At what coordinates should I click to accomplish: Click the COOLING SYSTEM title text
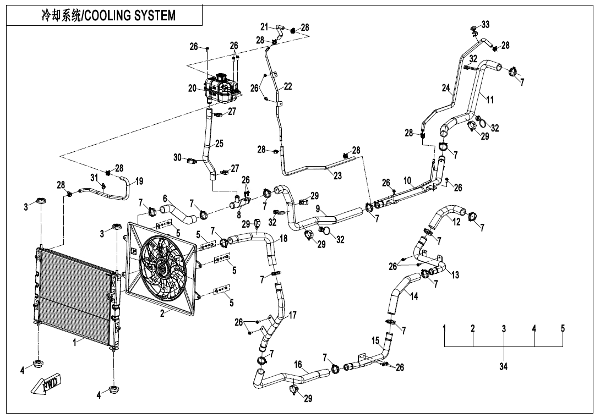[x=108, y=15]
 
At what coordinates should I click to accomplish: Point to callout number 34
[x=503, y=367]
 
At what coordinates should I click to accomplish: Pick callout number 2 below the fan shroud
[x=162, y=314]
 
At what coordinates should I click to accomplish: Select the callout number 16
[x=298, y=364]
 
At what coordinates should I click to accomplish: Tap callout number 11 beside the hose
[x=489, y=99]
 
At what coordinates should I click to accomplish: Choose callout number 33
[x=485, y=25]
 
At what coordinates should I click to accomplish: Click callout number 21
[x=264, y=26]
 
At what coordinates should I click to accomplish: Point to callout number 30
[x=178, y=157]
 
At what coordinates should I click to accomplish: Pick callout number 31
[x=94, y=177]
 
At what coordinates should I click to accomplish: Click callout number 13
[x=455, y=275]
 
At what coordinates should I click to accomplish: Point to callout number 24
[x=446, y=87]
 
